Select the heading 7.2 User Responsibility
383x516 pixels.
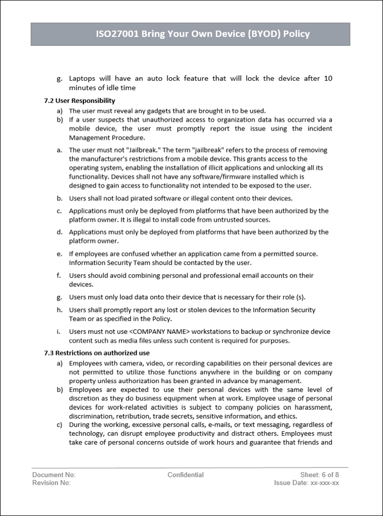click(80, 100)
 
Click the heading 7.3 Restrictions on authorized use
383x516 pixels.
click(97, 353)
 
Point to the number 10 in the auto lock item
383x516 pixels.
click(328, 79)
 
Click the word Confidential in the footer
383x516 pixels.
click(186, 475)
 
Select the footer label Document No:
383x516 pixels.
click(54, 475)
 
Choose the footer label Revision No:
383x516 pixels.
click(51, 483)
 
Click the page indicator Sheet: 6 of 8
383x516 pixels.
click(319, 475)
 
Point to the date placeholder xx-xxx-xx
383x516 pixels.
click(324, 483)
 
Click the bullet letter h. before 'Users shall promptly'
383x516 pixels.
click(60, 310)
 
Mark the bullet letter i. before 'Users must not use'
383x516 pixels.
click(59, 332)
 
